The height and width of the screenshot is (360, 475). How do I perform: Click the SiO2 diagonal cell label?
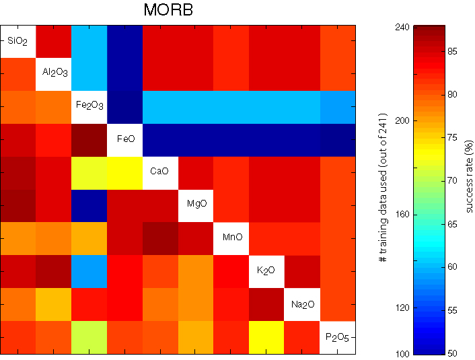click(18, 42)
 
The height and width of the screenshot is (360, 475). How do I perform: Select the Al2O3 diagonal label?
click(54, 74)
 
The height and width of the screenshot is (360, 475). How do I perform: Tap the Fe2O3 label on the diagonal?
click(89, 107)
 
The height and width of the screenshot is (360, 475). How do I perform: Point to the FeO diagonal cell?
click(124, 140)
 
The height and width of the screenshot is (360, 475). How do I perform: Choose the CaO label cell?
click(160, 173)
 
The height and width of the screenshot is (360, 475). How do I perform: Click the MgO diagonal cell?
click(196, 205)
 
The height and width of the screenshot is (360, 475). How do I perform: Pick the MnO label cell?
click(231, 238)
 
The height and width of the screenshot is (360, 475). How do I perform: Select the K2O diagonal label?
click(266, 271)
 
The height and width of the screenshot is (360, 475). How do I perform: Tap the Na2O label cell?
click(302, 304)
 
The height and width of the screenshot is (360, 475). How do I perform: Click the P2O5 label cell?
click(337, 336)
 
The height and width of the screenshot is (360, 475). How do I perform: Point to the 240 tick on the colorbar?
click(402, 26)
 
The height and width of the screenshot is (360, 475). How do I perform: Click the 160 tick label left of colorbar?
click(401, 215)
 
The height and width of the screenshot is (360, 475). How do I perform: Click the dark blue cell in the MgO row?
click(89, 205)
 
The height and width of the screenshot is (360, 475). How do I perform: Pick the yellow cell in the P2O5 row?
click(266, 336)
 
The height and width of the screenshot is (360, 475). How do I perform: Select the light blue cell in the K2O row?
click(89, 271)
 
